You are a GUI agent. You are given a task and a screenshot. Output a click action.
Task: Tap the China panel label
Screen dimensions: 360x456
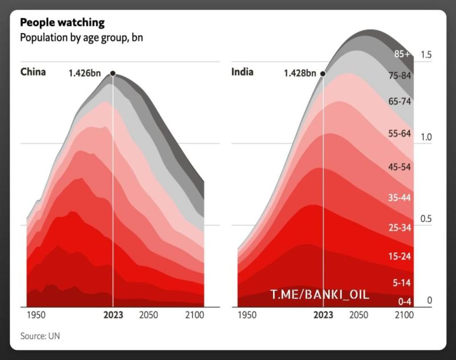pyautogui.click(x=33, y=72)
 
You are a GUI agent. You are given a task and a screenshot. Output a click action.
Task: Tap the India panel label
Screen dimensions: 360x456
pyautogui.click(x=242, y=72)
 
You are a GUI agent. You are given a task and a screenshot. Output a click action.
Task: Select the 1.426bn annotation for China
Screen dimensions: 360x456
pyautogui.click(x=87, y=73)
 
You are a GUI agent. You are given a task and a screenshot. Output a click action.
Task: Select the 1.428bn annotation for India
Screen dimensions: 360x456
pyautogui.click(x=300, y=73)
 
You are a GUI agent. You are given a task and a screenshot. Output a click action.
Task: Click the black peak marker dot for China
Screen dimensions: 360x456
pyautogui.click(x=113, y=73)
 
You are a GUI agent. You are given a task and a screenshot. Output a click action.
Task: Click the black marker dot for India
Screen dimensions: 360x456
pyautogui.click(x=323, y=73)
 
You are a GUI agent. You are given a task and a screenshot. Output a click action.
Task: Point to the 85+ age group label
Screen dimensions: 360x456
pyautogui.click(x=402, y=54)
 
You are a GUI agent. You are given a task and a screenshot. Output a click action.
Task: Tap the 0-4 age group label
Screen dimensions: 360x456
pyautogui.click(x=404, y=300)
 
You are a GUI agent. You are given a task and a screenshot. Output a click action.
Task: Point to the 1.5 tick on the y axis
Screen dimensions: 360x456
pyautogui.click(x=425, y=55)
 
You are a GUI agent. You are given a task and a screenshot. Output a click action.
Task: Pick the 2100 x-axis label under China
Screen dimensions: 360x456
pyautogui.click(x=194, y=315)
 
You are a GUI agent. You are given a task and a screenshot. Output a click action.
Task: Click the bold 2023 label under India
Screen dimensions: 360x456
pyautogui.click(x=324, y=315)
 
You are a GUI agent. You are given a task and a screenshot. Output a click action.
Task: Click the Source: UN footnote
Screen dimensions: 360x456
pyautogui.click(x=40, y=336)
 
